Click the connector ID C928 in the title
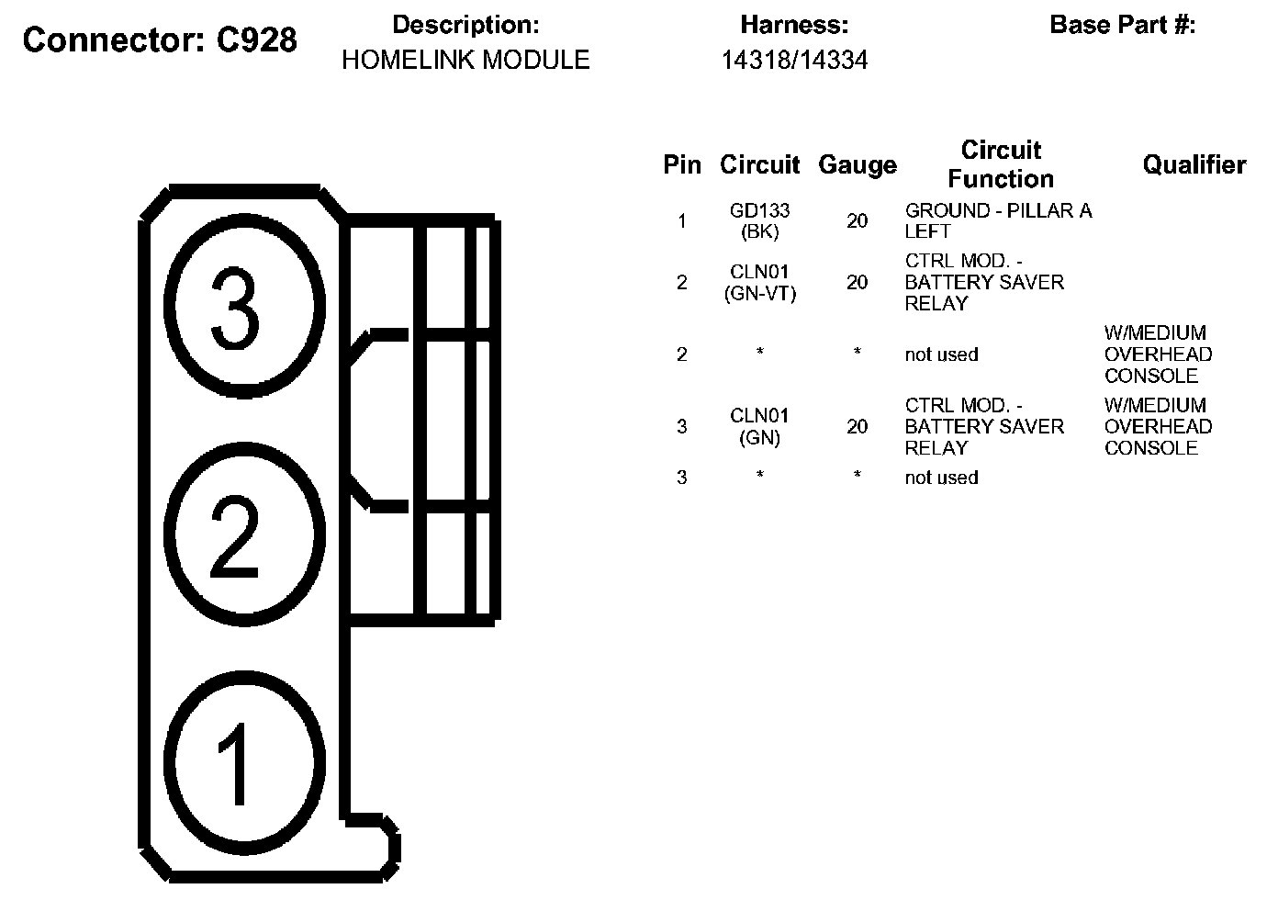(256, 40)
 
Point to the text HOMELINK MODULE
(465, 61)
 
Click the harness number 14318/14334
(794, 61)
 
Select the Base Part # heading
(1122, 25)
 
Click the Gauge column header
(857, 165)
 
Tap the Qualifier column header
(1194, 165)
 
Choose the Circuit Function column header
(1000, 164)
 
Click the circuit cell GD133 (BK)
(759, 221)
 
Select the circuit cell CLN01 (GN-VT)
(759, 283)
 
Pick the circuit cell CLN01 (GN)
(759, 427)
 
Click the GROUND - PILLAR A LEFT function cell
(998, 221)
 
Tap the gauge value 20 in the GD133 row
(857, 221)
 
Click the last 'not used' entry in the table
(941, 478)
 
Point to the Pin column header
(681, 165)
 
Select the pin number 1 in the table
(681, 221)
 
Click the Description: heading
(465, 25)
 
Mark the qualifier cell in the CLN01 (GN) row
(1157, 427)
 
